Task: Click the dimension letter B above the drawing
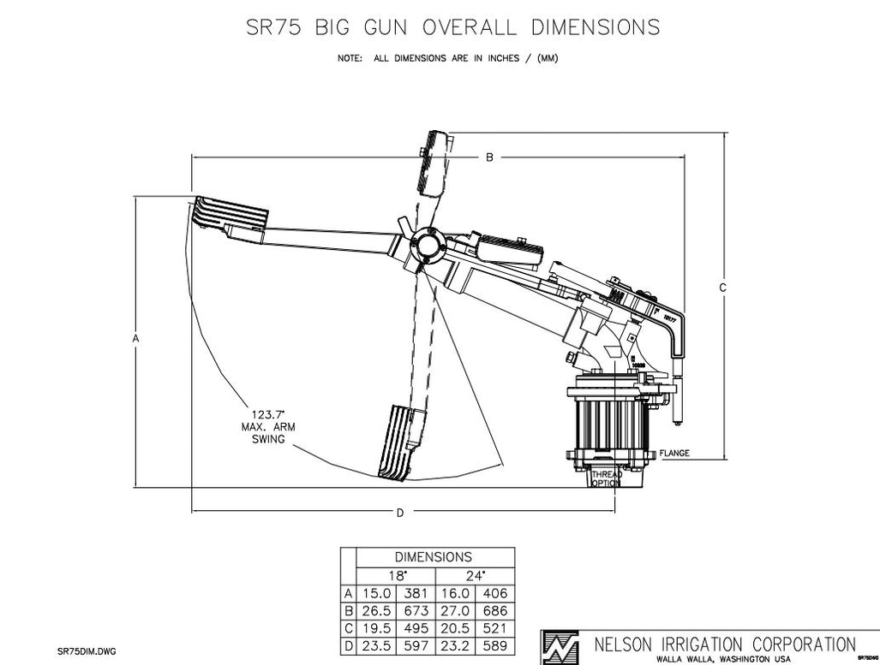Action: click(489, 157)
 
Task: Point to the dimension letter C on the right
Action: click(722, 288)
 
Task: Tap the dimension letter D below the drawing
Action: click(399, 513)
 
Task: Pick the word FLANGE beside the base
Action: click(675, 453)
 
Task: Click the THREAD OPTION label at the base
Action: click(606, 478)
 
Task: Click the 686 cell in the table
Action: click(494, 611)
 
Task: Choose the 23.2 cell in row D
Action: click(455, 646)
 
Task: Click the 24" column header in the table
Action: click(475, 575)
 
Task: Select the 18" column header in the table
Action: click(396, 575)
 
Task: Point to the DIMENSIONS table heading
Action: click(434, 557)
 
